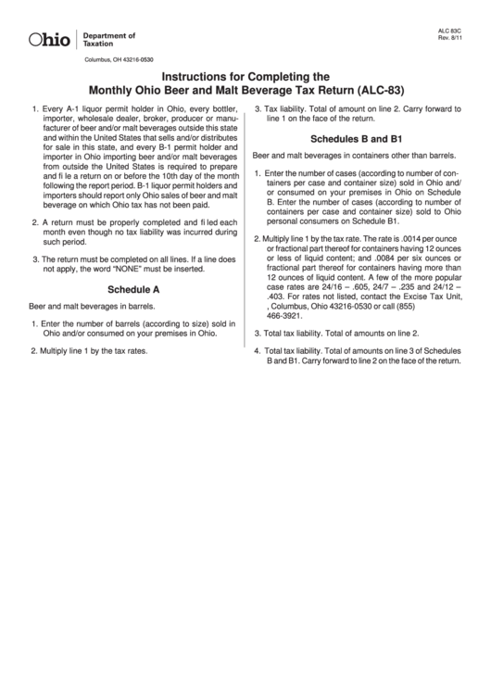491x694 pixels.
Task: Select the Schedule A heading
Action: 133,290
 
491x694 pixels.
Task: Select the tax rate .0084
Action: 359,258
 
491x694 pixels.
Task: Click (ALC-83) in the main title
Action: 384,91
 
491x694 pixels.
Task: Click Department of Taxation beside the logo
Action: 108,40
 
